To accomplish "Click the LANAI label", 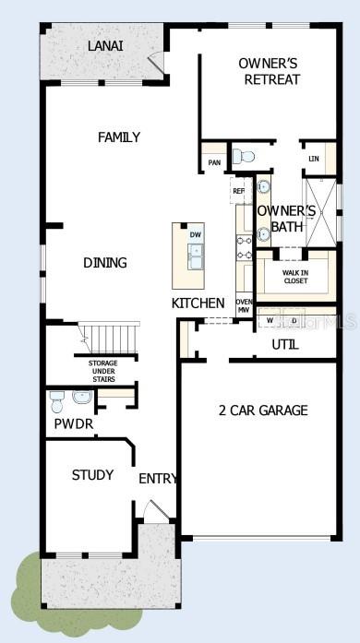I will point(106,45).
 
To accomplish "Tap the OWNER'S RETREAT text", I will point(269,71).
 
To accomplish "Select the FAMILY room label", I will point(119,137).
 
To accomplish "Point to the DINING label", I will point(104,263).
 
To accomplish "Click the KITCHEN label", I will point(198,303).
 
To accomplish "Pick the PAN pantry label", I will point(214,163).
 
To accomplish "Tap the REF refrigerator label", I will point(238,191).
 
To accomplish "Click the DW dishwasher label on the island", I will point(196,235).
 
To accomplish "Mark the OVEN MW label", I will point(245,306).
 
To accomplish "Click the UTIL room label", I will point(284,344).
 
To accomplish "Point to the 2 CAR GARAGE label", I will point(263,411).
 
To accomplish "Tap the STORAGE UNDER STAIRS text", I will point(102,370).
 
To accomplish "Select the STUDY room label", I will point(92,475).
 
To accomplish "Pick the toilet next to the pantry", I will point(242,157).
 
